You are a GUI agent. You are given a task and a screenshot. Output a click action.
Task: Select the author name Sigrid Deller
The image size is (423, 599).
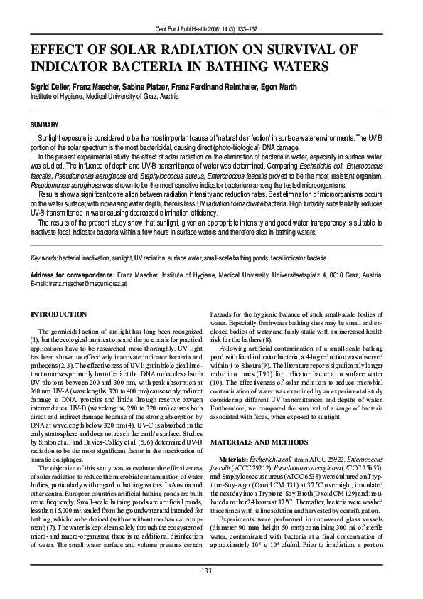52,85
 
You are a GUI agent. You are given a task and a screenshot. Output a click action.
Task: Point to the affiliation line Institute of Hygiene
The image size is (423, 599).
103,95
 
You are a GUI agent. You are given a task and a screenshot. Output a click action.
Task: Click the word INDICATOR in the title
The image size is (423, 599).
75,67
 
